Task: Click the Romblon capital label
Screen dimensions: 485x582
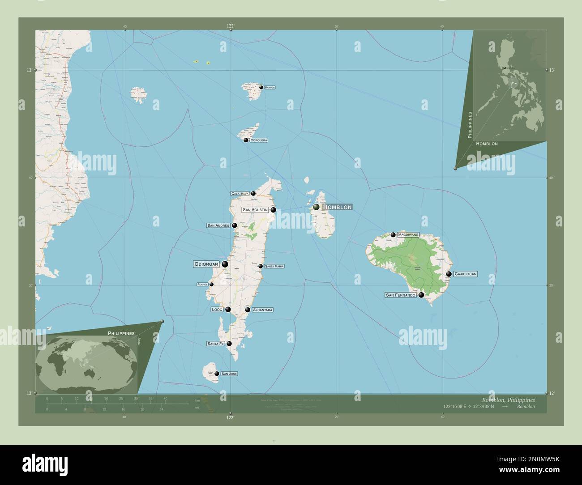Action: coord(337,207)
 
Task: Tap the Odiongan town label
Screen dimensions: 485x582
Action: coord(206,264)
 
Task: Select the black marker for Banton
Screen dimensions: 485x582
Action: coord(261,87)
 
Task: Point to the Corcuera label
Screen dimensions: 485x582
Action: coord(259,140)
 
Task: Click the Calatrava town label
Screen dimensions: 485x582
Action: coord(240,194)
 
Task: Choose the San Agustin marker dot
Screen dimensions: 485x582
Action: coord(273,209)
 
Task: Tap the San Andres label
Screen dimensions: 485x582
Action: coord(218,225)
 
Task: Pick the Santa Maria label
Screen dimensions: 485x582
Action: coord(274,266)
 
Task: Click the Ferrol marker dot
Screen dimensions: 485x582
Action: coord(211,285)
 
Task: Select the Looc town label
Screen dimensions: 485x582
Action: coord(217,309)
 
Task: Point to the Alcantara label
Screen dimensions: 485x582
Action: coord(262,310)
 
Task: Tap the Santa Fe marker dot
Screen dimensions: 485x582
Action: coord(229,344)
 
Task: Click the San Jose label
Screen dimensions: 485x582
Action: coord(229,374)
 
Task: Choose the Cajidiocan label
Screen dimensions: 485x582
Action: coord(465,274)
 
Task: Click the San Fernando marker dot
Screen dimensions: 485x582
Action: coord(421,295)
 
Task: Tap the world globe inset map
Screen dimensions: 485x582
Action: coord(86,364)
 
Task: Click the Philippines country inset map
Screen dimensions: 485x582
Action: coord(510,85)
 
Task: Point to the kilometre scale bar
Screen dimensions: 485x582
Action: coord(118,404)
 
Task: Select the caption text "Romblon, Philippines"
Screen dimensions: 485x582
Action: coord(508,400)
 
